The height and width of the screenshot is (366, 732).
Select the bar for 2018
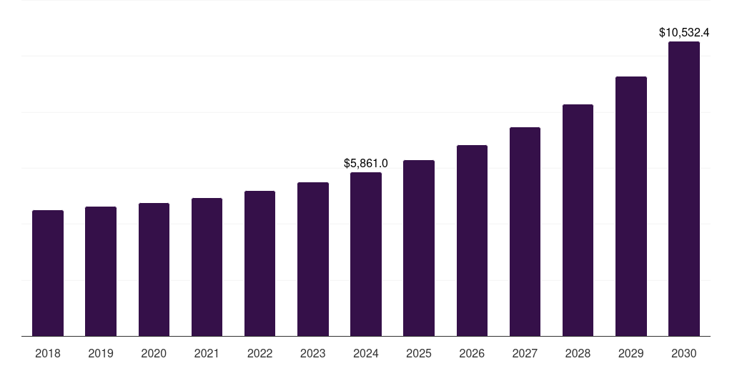[x=48, y=273]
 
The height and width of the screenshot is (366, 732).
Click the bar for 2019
[x=101, y=272]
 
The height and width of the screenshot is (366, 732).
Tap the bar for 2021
[x=207, y=267]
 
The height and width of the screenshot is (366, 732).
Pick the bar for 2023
[x=313, y=259]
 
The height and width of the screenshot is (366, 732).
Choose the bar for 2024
[x=366, y=254]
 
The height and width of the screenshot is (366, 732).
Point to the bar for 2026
[x=472, y=241]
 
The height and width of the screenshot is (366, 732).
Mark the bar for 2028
[x=578, y=220]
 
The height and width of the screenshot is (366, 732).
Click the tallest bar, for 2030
[x=684, y=189]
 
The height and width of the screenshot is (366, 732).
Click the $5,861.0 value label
[x=366, y=164]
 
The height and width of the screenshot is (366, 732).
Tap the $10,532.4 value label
[x=684, y=33]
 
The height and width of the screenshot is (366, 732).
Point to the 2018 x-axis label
[x=48, y=354]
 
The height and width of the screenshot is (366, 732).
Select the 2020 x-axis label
[x=154, y=354]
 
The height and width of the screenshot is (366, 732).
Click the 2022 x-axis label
[x=260, y=354]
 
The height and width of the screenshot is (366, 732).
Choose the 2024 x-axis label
[x=366, y=354]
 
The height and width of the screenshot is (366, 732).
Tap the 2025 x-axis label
[x=419, y=354]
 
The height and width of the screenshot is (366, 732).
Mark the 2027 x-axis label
[x=525, y=354]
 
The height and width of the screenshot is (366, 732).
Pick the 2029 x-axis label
[x=631, y=354]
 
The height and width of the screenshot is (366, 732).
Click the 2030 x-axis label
[x=684, y=354]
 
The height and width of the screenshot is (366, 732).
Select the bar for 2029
[x=631, y=207]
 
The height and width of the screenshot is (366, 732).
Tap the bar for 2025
[x=419, y=248]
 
